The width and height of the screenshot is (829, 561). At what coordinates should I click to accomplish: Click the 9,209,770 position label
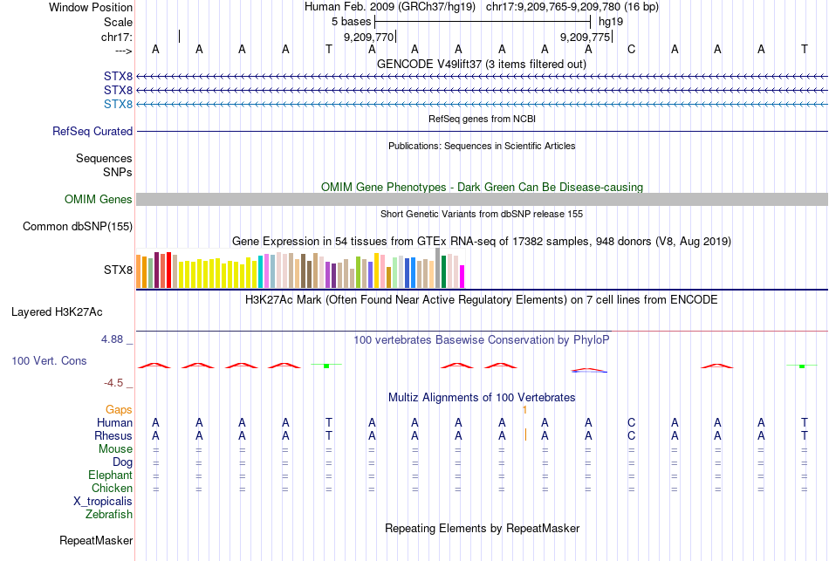[x=369, y=38]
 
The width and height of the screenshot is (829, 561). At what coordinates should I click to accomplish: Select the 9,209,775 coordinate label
[x=585, y=38]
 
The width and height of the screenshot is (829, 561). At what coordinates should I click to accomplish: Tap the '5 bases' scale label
[x=351, y=20]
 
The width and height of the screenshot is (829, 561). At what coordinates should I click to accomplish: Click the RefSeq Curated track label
[x=92, y=132]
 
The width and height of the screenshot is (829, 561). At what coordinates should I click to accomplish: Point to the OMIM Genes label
[x=99, y=200]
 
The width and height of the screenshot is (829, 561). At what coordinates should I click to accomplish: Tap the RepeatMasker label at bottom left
[x=95, y=541]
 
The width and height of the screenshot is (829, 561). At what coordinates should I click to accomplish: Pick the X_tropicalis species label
[x=103, y=502]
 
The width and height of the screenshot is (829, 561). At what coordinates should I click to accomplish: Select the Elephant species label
[x=110, y=475]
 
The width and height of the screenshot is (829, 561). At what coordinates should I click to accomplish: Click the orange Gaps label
[x=119, y=409]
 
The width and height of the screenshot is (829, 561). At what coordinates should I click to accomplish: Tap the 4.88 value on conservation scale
[x=114, y=339]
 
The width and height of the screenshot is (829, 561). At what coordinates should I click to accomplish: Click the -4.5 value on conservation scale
[x=117, y=383]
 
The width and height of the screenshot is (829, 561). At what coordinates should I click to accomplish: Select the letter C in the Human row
[x=631, y=423]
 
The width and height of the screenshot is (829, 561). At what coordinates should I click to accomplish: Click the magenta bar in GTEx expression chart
[x=462, y=276]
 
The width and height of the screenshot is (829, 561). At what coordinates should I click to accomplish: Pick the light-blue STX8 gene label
[x=118, y=105]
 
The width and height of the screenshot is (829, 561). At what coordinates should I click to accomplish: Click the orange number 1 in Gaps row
[x=524, y=409]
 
